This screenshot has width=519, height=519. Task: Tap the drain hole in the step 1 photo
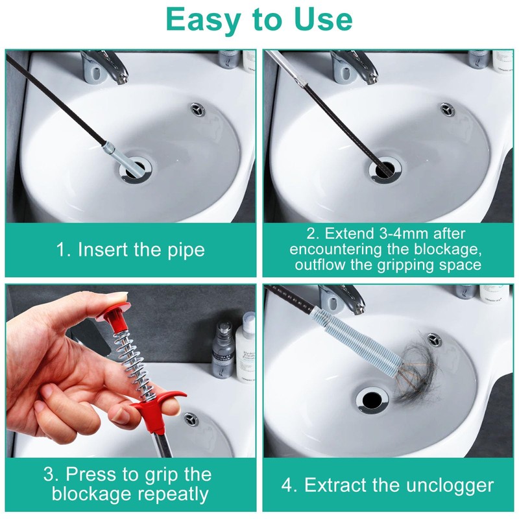(136, 169)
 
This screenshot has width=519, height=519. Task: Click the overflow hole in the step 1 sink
(197, 110)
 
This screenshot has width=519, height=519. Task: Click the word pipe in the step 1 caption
(186, 250)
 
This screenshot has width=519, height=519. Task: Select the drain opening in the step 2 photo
(386, 169)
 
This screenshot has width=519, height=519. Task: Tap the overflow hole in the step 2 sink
(446, 110)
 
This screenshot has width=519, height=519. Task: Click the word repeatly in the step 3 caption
(173, 494)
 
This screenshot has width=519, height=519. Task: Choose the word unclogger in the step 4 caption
(450, 485)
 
